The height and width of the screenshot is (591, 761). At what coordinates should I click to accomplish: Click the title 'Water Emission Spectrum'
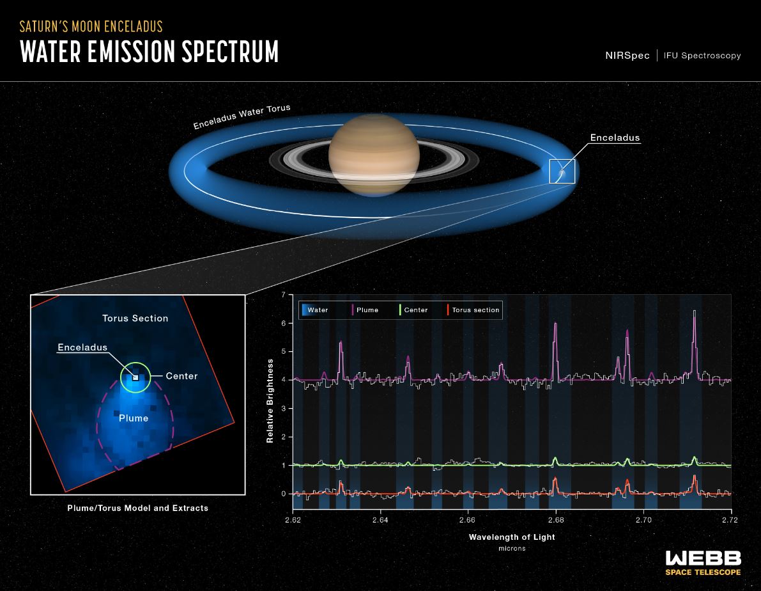point(150,51)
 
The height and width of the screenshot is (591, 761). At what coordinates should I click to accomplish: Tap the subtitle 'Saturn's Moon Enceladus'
point(91,26)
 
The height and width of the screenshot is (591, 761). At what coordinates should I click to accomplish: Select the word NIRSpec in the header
point(627,56)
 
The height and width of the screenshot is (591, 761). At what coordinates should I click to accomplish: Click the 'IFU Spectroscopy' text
point(702,56)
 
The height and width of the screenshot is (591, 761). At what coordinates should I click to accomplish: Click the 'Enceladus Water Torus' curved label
point(242,116)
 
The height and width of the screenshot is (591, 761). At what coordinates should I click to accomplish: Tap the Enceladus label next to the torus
point(614,138)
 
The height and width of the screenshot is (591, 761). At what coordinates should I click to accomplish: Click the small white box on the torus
point(562,171)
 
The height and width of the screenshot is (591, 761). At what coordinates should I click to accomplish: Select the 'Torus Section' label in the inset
point(135,318)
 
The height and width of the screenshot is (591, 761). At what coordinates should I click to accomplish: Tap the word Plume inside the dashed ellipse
point(134,418)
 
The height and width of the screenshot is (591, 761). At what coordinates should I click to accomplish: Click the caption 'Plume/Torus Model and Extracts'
point(137,508)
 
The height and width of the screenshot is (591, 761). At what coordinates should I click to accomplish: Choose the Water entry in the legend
point(317,310)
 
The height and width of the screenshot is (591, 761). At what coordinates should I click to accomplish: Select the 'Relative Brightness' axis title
point(270,401)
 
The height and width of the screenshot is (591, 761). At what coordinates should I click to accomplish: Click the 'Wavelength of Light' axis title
point(512,537)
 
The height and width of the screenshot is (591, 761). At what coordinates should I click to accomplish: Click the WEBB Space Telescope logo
point(703,562)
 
